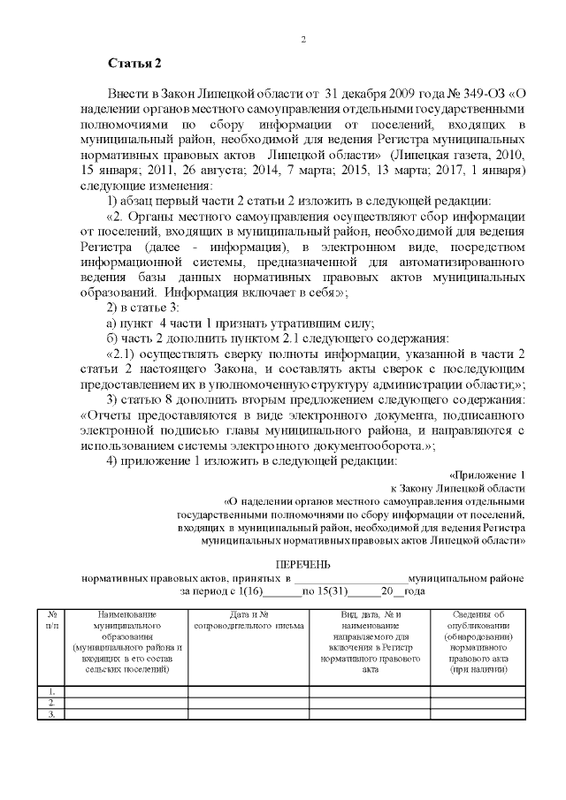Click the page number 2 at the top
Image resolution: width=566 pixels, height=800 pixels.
(303, 40)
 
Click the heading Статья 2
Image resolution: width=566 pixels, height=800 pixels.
(134, 63)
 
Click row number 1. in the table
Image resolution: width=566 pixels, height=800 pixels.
(53, 691)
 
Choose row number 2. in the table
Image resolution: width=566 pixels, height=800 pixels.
(53, 703)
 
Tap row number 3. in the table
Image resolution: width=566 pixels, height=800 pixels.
(53, 714)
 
